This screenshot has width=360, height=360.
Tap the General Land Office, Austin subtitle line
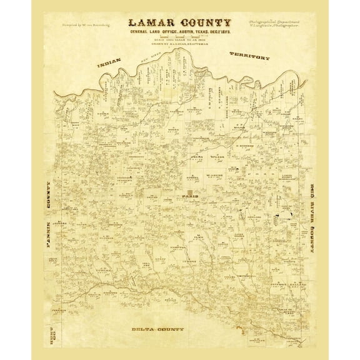click(179, 33)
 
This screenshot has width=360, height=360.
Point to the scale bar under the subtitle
click(179, 38)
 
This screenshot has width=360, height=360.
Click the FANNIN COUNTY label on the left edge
click(49, 216)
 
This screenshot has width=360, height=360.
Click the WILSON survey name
click(217, 158)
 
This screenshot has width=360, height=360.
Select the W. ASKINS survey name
click(214, 177)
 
